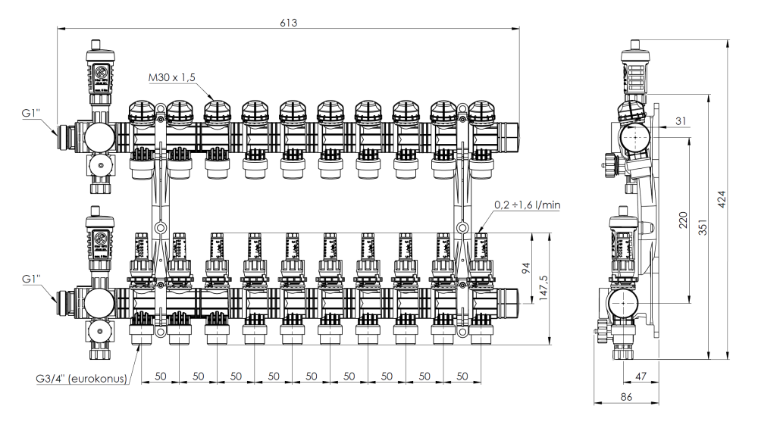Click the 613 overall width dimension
tap(287, 22)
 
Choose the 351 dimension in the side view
tap(703, 227)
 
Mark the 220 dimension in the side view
tap(685, 220)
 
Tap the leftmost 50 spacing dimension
tap(160, 375)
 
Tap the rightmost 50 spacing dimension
tap(462, 375)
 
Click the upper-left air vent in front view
tap(99, 76)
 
